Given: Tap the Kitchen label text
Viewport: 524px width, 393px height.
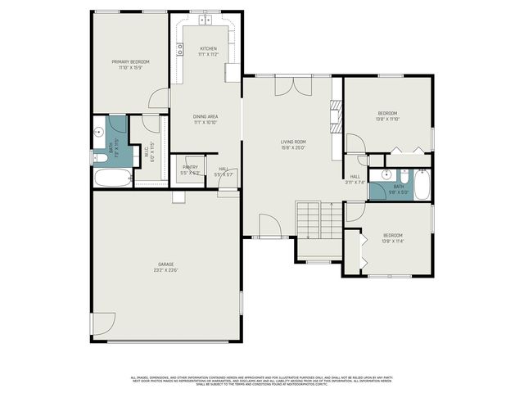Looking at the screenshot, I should [209, 49].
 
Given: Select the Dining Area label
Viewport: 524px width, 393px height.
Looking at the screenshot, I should [205, 116].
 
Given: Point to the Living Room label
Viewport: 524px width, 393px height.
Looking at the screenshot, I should [293, 142].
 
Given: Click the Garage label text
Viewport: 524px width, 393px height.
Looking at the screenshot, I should [165, 264].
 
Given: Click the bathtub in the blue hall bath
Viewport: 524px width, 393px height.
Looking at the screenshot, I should [422, 185].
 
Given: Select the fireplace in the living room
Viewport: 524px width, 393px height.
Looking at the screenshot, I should [334, 116].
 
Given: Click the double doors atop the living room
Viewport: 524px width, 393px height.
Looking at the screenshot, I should [293, 87].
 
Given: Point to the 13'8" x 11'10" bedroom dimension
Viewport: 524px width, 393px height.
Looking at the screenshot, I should [388, 120].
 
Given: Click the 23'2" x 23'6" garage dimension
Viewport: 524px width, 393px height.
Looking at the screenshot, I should [165, 270].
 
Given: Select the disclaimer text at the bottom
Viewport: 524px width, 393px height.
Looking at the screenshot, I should [262, 380].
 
